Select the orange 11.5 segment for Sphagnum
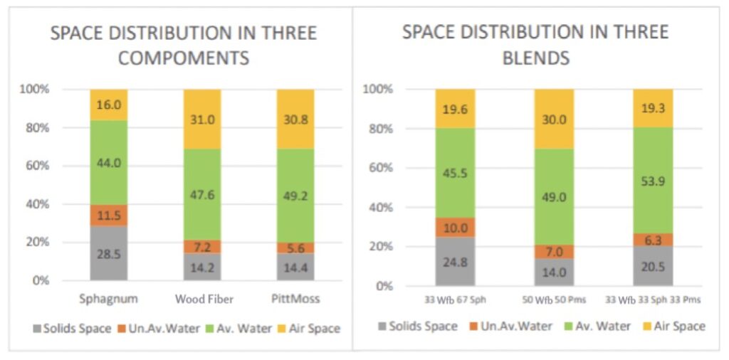tap(108, 215)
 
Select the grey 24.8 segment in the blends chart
tap(455, 262)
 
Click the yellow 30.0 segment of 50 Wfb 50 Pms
tap(554, 120)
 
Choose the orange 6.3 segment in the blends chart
tap(653, 240)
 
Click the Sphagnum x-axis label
tap(108, 299)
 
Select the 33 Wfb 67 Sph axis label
tap(455, 300)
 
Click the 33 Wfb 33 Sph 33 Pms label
tap(653, 300)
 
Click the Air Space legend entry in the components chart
tap(311, 329)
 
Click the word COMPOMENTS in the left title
tap(184, 58)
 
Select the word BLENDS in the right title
tap(536, 58)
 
